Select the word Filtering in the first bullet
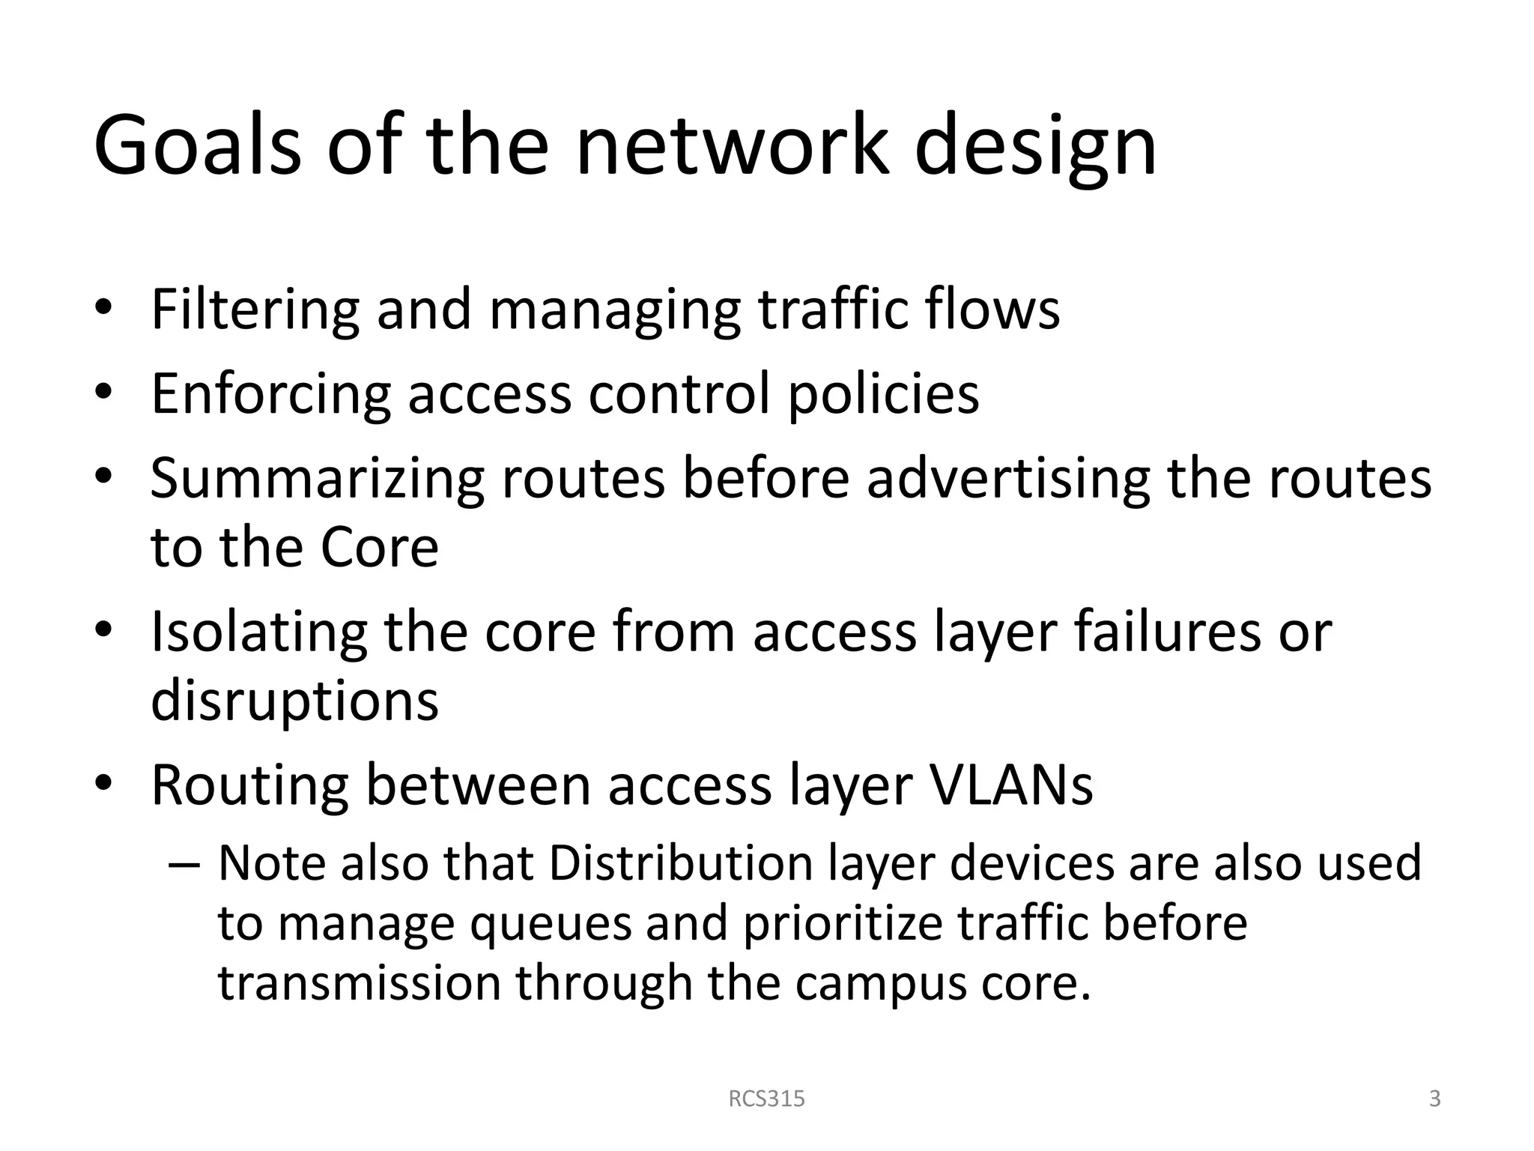[255, 309]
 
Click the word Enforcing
[270, 394]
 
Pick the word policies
[883, 394]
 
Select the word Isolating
[258, 632]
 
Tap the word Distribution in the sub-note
[680, 863]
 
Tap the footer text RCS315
[766, 1099]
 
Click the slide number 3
[1434, 1099]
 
